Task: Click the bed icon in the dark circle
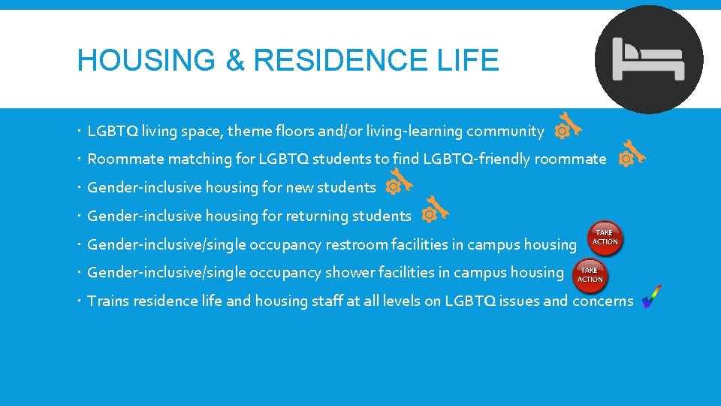[649, 59]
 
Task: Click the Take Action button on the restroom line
[605, 238]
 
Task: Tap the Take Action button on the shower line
[590, 274]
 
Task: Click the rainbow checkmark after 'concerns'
[651, 297]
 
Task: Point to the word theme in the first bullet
[247, 132]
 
